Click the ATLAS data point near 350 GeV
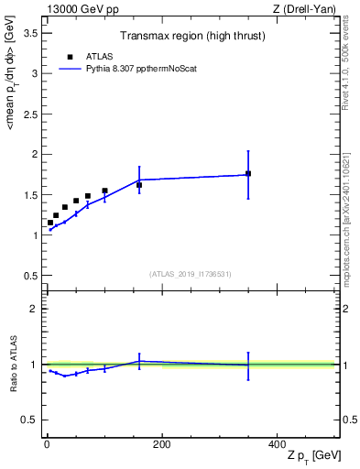(x=248, y=173)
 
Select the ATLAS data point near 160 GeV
(x=139, y=185)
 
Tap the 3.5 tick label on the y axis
(x=30, y=32)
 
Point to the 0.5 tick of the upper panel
(x=30, y=276)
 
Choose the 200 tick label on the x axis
(x=161, y=444)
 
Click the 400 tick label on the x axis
(x=277, y=444)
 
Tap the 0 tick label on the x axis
(x=47, y=444)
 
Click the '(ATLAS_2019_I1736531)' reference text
(x=191, y=274)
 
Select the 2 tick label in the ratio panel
(x=34, y=309)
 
